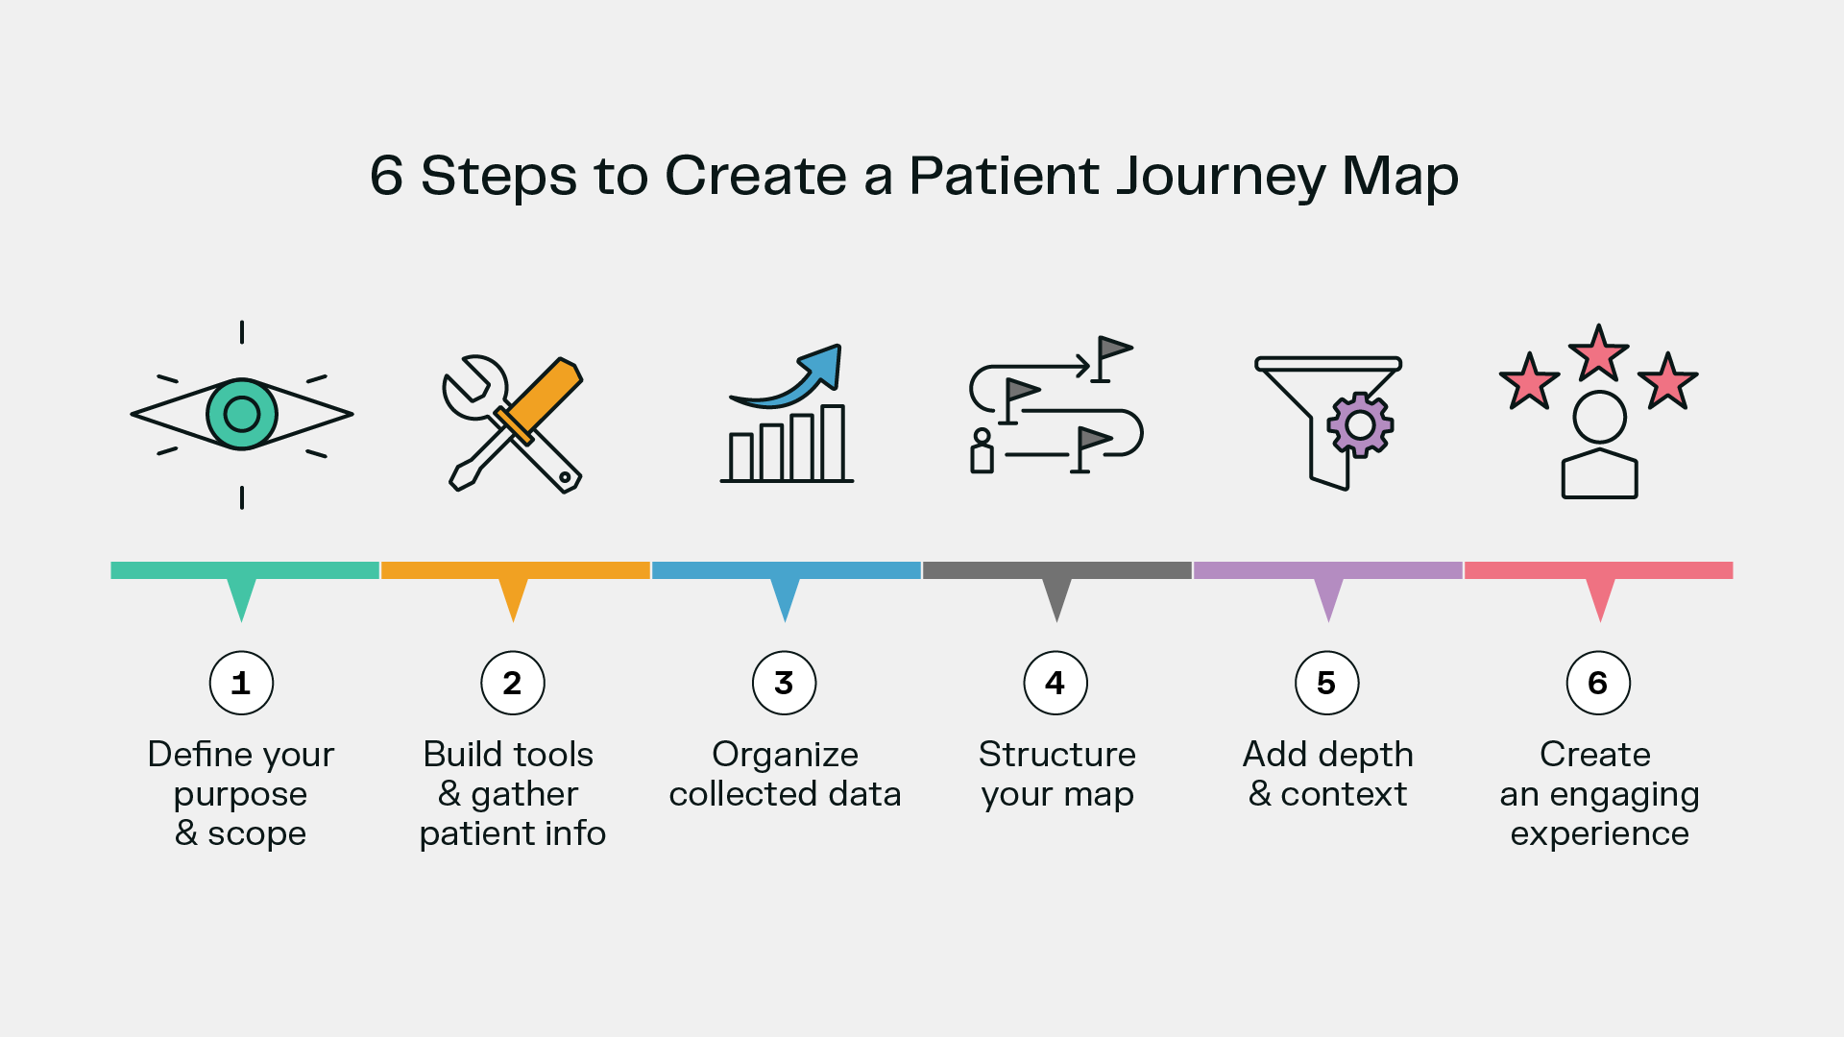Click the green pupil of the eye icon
pyautogui.click(x=242, y=414)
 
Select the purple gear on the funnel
pyautogui.click(x=1360, y=423)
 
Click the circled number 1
pyautogui.click(x=241, y=683)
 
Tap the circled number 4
pyautogui.click(x=1055, y=683)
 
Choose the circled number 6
pyautogui.click(x=1598, y=683)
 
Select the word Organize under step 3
pyautogui.click(x=785, y=755)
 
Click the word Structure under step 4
pyautogui.click(x=1056, y=755)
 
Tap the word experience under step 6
pyautogui.click(x=1599, y=833)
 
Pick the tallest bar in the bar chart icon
pyautogui.click(x=833, y=444)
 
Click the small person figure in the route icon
pyautogui.click(x=982, y=451)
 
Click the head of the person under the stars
pyautogui.click(x=1599, y=418)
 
